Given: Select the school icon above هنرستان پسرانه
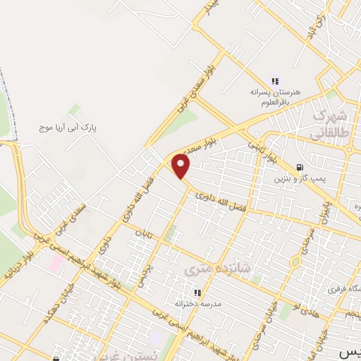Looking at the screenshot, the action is click(275, 81).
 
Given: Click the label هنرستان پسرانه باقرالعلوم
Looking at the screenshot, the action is click(275, 97).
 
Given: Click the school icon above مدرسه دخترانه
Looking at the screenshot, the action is click(198, 292).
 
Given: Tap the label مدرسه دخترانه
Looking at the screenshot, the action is click(198, 304).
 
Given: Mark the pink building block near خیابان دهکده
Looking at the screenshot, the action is click(55, 262).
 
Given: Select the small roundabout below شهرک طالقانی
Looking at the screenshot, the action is click(349, 148).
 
